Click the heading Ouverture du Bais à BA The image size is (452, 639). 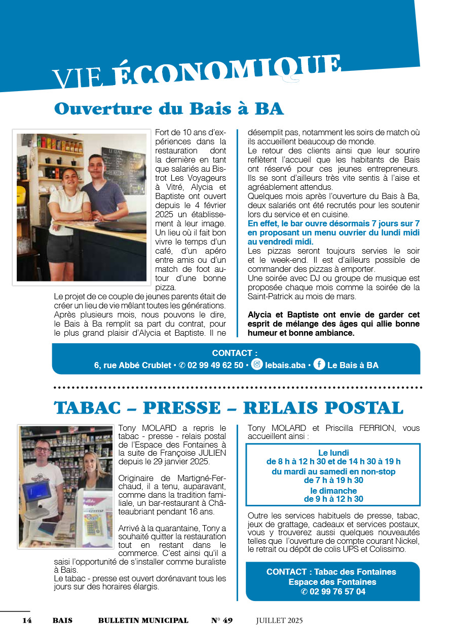169,108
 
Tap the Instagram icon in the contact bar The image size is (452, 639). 257,365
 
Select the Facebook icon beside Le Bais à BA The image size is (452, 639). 319,365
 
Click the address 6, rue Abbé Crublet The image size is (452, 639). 132,366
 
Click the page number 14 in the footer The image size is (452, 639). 27,620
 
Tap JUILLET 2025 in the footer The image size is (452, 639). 279,620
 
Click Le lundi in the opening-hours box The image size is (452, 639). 333,453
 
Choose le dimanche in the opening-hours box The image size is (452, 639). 333,491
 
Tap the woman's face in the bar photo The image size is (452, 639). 69,179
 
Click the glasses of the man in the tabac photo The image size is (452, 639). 43,449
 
